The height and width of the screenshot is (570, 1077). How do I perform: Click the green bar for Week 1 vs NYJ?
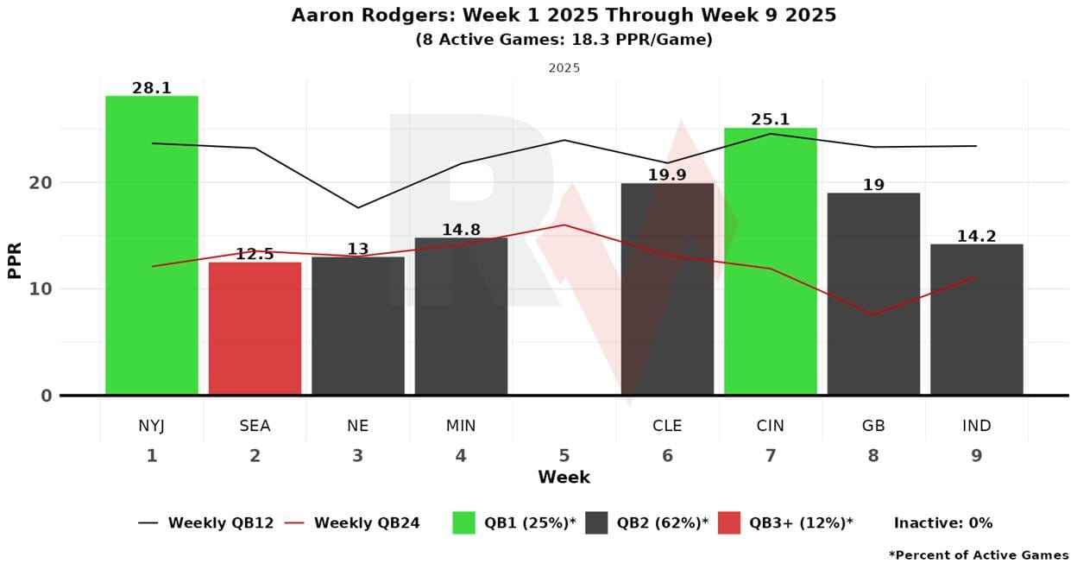click(152, 245)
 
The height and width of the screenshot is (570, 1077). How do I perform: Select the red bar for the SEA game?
click(255, 328)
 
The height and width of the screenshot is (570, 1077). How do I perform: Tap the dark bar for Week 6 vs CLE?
click(667, 289)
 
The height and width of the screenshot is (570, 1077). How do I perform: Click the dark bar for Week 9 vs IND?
click(976, 320)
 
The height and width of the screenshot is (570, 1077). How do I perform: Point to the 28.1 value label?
click(152, 88)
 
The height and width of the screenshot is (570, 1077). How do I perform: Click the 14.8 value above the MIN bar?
click(461, 230)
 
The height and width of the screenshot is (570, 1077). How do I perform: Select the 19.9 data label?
click(667, 175)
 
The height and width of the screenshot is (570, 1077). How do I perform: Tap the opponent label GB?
click(873, 426)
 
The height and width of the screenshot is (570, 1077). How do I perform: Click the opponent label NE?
click(357, 426)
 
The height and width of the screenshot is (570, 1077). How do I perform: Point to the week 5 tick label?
click(564, 455)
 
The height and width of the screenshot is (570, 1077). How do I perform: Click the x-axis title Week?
click(564, 478)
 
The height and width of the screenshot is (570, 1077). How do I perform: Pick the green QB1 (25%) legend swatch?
click(463, 522)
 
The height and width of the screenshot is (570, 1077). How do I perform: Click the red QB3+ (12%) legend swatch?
click(728, 522)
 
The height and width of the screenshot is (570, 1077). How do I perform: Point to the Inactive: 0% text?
click(942, 522)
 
